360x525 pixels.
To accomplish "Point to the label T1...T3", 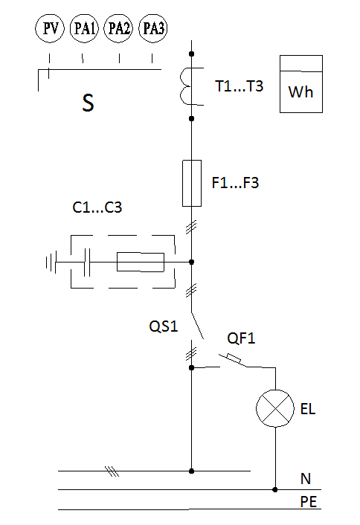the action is (x=239, y=86).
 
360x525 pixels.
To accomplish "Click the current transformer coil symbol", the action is (x=181, y=86).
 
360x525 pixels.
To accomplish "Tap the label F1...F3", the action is (x=235, y=183).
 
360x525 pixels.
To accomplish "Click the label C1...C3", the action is (x=97, y=207).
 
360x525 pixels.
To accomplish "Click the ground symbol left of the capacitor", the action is (x=51, y=262).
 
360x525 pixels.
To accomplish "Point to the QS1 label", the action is (x=164, y=326).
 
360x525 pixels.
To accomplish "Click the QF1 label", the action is (x=241, y=338).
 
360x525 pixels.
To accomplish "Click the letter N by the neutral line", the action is (x=306, y=479).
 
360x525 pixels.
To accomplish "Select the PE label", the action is (x=309, y=502).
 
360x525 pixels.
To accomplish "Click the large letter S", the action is (x=88, y=103).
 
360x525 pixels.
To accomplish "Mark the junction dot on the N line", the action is (x=275, y=489).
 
